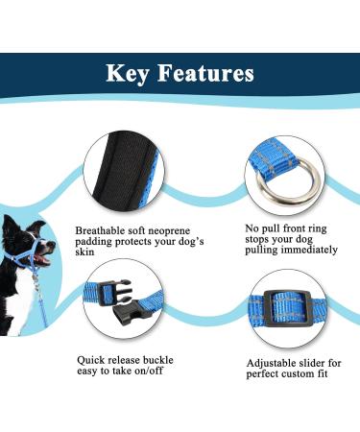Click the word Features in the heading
point(207,73)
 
